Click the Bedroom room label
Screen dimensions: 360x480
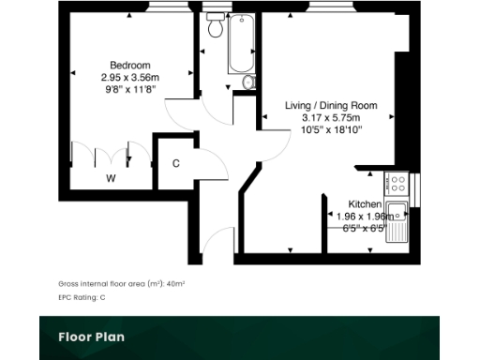tap(129, 65)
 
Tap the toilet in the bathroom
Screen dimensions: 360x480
tap(215, 25)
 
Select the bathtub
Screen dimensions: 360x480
tap(240, 44)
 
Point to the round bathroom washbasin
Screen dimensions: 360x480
tap(247, 83)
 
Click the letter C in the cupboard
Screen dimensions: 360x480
tap(175, 163)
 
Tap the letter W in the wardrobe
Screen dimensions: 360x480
tap(110, 177)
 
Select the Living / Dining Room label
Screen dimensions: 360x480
tap(331, 106)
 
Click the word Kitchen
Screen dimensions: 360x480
tap(365, 203)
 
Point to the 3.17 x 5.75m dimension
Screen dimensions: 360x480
tap(331, 118)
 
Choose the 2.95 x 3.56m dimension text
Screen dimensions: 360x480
tap(129, 77)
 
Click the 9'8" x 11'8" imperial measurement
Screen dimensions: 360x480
tap(129, 89)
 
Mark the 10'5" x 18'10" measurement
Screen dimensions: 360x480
tap(331, 130)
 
